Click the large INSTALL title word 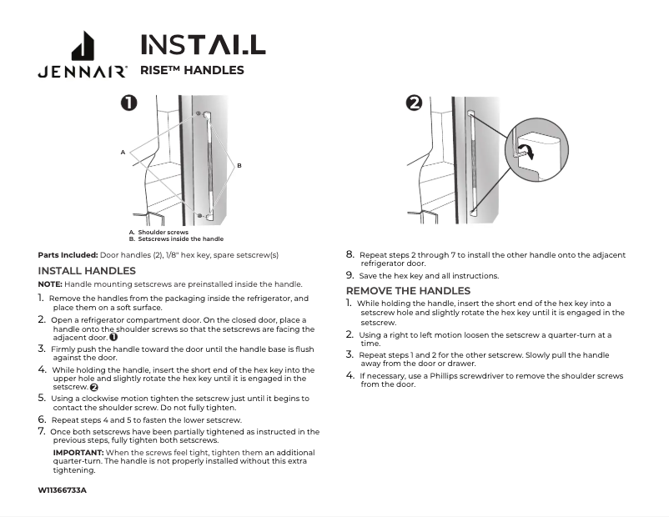point(203,44)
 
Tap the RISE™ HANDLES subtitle point(192,70)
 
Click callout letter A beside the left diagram point(122,153)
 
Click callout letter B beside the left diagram point(239,166)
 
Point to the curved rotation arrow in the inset point(526,152)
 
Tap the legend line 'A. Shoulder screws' point(158,233)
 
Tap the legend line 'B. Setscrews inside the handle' point(176,238)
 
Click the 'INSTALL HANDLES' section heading point(87,271)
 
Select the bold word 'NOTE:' point(50,284)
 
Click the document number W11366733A point(63,489)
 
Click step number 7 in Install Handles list point(42,432)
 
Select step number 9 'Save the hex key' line point(350,275)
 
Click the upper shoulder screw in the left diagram point(198,113)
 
